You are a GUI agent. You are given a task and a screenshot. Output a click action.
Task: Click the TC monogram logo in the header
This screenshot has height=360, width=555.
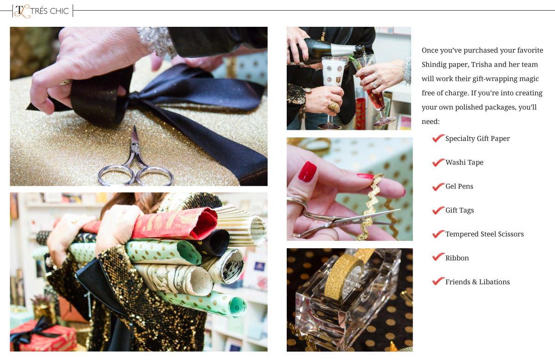pos(23,11)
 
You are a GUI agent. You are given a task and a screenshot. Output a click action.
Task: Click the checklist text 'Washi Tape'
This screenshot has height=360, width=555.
pos(464,162)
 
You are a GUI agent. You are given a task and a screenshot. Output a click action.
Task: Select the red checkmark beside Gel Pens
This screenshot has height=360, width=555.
pos(438,186)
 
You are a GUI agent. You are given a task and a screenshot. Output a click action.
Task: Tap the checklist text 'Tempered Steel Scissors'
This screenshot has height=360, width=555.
pos(484,234)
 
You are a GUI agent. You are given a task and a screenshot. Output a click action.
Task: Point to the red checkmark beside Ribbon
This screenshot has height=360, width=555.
pos(438,256)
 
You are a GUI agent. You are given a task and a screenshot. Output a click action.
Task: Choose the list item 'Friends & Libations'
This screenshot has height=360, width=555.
pos(477,282)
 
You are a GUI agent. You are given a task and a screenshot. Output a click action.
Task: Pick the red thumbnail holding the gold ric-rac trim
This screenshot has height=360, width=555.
pos(307,171)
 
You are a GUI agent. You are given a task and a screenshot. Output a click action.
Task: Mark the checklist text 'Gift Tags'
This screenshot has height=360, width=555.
pos(460,210)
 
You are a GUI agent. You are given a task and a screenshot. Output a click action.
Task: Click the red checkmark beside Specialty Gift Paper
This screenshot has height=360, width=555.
pos(438,138)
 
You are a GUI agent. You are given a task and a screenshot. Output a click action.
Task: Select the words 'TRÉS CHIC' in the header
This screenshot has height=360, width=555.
pos(49,11)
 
